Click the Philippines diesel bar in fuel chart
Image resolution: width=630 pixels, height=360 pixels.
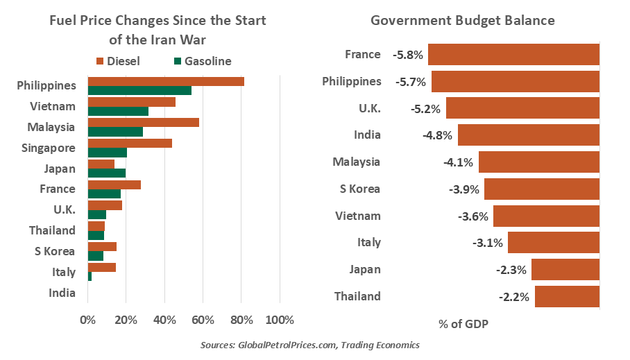click(x=166, y=81)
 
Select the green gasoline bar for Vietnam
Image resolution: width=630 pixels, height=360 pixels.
click(x=118, y=111)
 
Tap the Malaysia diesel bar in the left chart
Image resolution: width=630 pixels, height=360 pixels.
click(x=143, y=123)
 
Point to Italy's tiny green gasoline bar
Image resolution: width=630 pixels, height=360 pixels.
click(x=90, y=276)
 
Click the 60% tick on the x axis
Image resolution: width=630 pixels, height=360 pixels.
click(x=203, y=320)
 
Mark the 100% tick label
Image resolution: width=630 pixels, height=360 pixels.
click(x=279, y=320)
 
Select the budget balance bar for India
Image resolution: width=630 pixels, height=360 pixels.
click(x=528, y=135)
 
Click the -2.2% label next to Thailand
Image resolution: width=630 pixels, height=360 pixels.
click(x=513, y=297)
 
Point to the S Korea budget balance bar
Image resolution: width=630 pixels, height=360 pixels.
click(x=541, y=189)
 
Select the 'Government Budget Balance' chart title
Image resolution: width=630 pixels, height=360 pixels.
click(x=463, y=21)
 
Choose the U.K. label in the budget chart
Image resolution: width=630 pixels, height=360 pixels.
click(x=365, y=108)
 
